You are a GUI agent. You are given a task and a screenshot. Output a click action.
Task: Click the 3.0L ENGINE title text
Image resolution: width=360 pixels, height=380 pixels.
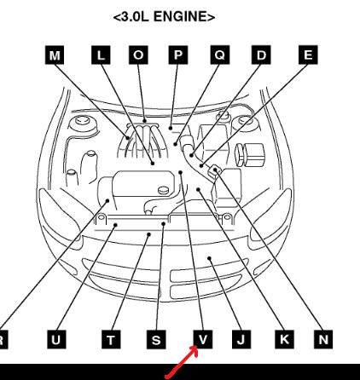[164, 17]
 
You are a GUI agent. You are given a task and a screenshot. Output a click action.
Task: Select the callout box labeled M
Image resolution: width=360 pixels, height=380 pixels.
[55, 55]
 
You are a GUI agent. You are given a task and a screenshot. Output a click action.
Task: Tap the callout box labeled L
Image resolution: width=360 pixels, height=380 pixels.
[101, 55]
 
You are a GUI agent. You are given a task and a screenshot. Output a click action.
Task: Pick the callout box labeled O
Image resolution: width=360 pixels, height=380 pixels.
[138, 55]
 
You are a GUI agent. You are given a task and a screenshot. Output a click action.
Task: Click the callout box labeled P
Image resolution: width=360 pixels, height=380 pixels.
[178, 55]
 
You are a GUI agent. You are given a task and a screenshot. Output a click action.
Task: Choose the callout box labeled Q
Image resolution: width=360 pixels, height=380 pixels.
[220, 55]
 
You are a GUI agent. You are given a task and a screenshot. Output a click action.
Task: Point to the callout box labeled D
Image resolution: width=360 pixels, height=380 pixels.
[261, 55]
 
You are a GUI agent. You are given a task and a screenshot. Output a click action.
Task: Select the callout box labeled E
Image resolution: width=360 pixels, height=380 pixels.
[308, 55]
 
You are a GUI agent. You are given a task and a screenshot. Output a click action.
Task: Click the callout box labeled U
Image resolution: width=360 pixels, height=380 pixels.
[56, 339]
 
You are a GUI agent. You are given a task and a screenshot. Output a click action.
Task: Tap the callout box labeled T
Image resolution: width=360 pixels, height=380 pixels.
[111, 339]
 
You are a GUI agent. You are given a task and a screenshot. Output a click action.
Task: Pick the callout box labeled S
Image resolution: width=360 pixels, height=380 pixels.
[156, 339]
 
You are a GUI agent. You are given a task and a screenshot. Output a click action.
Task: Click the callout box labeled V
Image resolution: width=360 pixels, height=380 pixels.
[203, 339]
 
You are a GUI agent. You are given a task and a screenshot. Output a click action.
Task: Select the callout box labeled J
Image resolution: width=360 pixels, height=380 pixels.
[241, 339]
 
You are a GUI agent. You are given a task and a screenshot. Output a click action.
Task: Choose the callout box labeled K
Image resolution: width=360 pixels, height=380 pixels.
[284, 339]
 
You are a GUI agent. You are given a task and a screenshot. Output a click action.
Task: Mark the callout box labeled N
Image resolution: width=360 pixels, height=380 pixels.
[323, 339]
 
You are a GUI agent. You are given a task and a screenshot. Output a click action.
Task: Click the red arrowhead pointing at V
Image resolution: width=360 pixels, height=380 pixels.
[194, 350]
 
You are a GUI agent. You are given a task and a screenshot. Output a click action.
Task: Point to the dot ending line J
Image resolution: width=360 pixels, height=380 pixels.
[209, 258]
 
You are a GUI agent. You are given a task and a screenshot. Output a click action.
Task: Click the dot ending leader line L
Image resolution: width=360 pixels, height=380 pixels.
[153, 164]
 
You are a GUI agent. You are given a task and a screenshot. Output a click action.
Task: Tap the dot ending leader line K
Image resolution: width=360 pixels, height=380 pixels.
[198, 189]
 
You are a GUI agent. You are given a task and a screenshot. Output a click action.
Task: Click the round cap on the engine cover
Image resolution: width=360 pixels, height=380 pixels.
[163, 190]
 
